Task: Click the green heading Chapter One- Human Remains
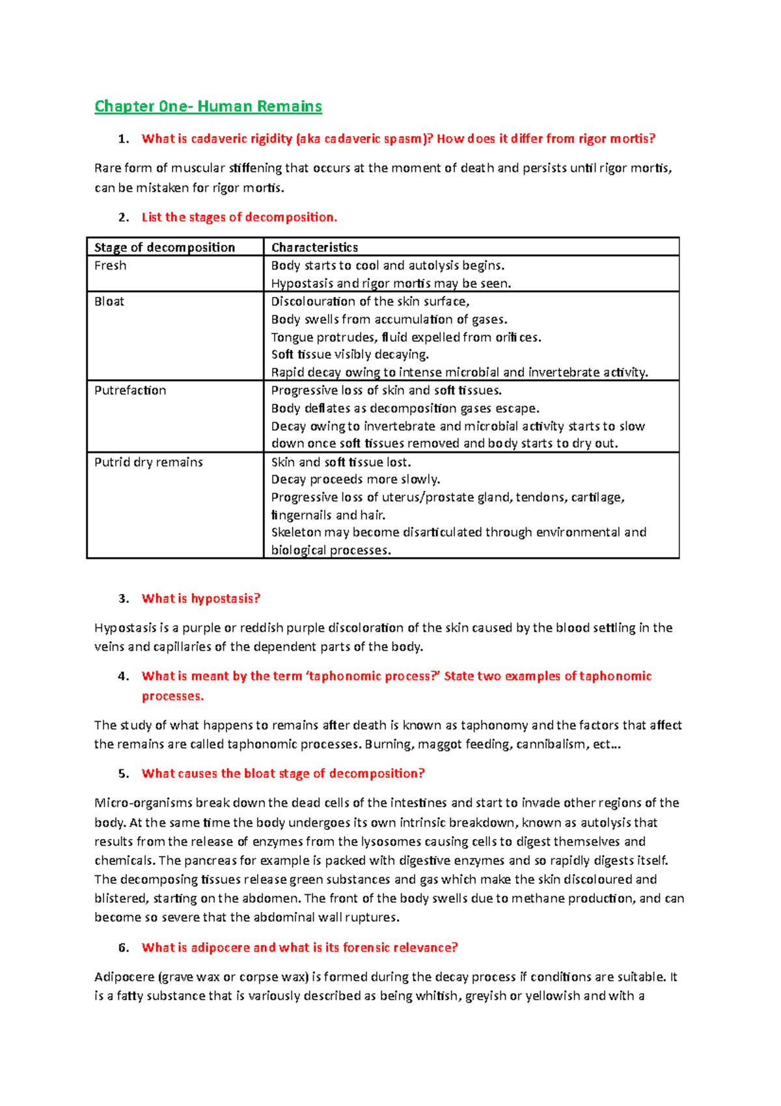[208, 106]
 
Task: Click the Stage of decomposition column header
[164, 248]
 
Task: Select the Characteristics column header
[314, 248]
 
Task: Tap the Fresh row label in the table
[110, 266]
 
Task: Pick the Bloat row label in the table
[109, 302]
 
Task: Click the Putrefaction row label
[130, 390]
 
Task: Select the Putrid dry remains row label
[148, 462]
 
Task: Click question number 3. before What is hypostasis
[124, 599]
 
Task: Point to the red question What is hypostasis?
[200, 599]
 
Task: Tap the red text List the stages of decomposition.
[239, 218]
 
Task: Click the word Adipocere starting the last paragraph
[124, 977]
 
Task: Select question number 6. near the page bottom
[124, 948]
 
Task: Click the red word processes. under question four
[172, 696]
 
